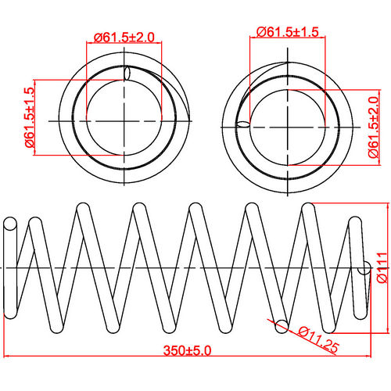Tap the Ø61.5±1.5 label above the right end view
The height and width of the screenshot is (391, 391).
click(289, 31)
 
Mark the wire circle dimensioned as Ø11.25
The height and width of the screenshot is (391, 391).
click(279, 324)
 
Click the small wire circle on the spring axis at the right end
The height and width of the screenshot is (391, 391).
click(364, 269)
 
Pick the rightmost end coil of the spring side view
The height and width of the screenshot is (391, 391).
click(356, 266)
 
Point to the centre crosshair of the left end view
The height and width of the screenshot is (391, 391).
click(125, 121)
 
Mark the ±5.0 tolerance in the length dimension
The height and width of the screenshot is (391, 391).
click(199, 349)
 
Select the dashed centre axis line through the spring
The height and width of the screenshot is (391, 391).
click(188, 268)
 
